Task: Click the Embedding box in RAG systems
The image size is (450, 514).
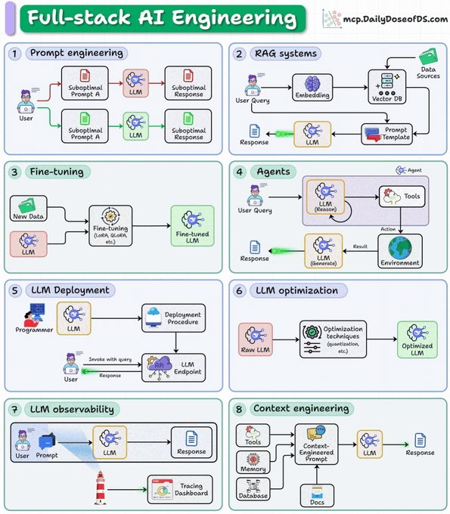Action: (x=312, y=87)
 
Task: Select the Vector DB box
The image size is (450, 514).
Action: (x=387, y=87)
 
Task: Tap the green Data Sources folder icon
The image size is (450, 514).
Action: (x=428, y=57)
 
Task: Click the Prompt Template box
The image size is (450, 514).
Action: (x=387, y=134)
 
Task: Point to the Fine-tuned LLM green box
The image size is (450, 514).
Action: (x=193, y=226)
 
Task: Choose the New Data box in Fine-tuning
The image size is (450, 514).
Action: (x=29, y=209)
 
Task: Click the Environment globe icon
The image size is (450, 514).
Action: (x=400, y=248)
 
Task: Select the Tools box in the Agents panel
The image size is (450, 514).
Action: (x=402, y=197)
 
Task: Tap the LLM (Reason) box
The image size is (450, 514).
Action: (x=325, y=197)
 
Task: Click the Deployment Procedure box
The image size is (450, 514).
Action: (x=173, y=318)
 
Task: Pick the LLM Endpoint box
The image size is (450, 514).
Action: (x=173, y=367)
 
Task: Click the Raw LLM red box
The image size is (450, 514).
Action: (x=256, y=339)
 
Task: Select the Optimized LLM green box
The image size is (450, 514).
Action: (x=417, y=339)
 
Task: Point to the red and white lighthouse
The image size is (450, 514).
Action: (x=101, y=488)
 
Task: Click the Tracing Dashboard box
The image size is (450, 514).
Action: (x=180, y=489)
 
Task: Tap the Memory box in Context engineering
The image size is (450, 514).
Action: (x=253, y=462)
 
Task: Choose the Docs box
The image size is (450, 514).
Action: (x=317, y=495)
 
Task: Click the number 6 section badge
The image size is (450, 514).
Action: (x=239, y=290)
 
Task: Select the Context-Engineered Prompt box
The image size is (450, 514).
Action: (x=316, y=444)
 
